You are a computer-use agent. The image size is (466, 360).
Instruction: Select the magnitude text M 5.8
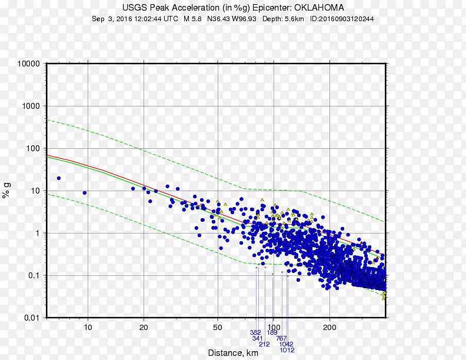[x=194, y=19]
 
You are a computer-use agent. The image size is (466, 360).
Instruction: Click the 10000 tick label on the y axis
[x=28, y=64]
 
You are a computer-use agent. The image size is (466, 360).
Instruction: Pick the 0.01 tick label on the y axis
[x=31, y=318]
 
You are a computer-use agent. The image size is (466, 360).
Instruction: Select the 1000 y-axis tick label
[x=29, y=106]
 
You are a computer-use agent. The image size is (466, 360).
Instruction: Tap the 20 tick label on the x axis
[x=144, y=327]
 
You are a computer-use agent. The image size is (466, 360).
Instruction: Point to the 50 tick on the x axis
[x=218, y=327]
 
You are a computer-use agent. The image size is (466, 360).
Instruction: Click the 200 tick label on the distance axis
[x=329, y=327]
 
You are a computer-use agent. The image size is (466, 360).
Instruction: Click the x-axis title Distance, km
[x=233, y=353]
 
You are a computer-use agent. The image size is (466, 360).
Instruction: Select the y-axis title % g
[x=6, y=191]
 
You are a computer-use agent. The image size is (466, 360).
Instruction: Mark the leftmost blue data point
[x=59, y=178]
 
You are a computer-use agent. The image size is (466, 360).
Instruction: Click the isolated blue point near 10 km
[x=85, y=192]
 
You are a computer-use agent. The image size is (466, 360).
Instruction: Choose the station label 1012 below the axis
[x=287, y=350]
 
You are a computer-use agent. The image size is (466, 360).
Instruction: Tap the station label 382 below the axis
[x=255, y=332]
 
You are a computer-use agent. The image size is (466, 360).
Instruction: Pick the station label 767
[x=282, y=338]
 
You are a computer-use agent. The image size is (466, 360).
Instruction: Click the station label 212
[x=264, y=344]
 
